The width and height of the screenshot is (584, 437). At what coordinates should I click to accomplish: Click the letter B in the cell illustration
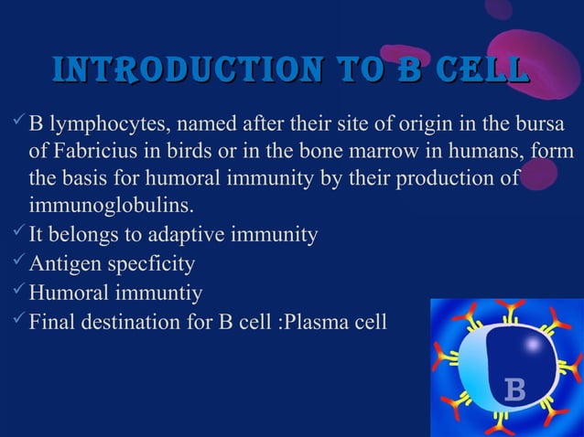[x=514, y=392]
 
